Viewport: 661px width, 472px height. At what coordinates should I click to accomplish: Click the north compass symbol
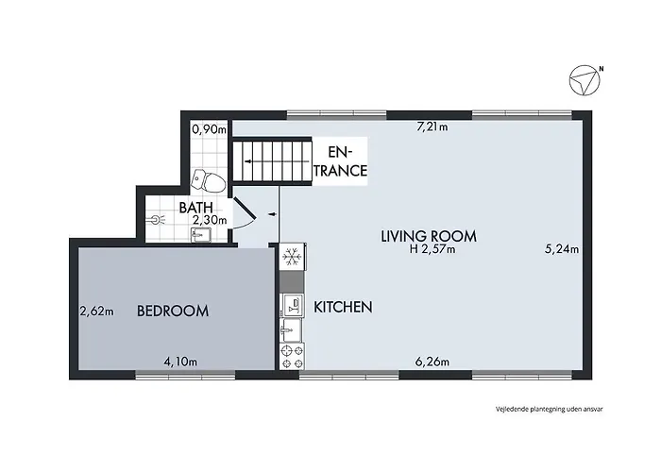tap(585, 81)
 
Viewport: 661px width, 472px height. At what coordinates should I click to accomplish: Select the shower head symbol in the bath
tap(157, 218)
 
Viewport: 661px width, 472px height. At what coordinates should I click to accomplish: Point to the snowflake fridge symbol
tap(292, 257)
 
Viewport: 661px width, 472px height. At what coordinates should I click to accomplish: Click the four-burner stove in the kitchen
tap(292, 356)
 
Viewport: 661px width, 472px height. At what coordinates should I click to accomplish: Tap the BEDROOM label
tap(172, 311)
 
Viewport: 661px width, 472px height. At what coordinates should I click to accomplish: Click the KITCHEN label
tap(343, 307)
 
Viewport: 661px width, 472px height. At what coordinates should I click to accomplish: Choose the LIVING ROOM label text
tap(428, 236)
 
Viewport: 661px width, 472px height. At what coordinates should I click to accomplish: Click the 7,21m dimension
tap(433, 127)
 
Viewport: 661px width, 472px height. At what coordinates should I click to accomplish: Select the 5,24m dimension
tap(562, 250)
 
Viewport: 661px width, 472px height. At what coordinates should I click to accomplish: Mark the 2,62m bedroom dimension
tap(96, 311)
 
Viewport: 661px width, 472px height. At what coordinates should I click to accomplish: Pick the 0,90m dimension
tap(209, 129)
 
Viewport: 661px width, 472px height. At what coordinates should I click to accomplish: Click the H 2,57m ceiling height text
tap(432, 250)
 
